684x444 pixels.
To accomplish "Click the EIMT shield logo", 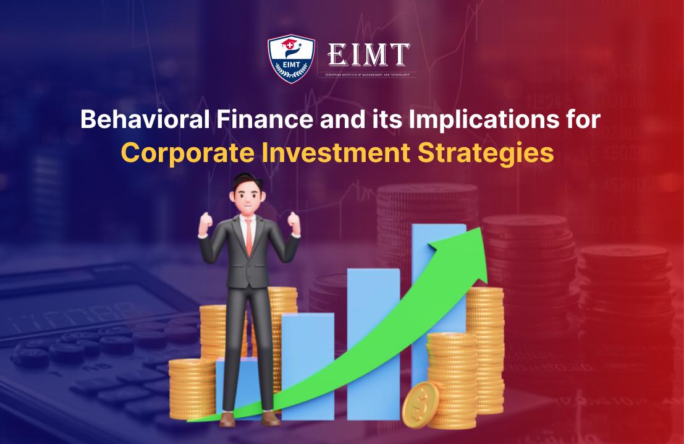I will tap(291, 59).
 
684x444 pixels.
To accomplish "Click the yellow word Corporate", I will tap(190, 152).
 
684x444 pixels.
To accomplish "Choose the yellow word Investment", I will tap(333, 152).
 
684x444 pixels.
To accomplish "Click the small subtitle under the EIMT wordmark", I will tap(367, 75).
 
